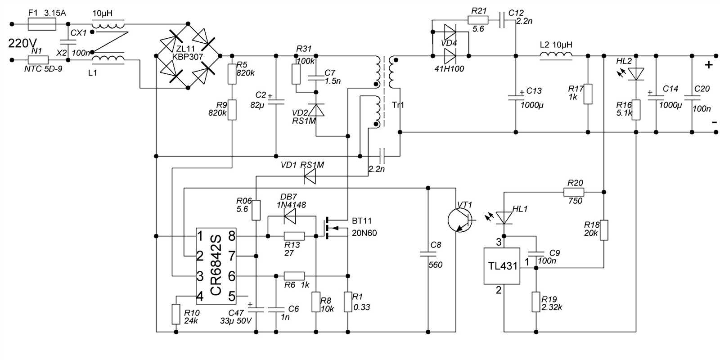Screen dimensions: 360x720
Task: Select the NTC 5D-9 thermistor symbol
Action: tap(38, 59)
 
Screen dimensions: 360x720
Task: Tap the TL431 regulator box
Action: tap(502, 266)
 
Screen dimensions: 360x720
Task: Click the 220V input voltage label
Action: tap(22, 44)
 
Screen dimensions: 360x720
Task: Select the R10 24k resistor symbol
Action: tap(176, 314)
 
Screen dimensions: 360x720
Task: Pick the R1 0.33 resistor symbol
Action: tap(348, 302)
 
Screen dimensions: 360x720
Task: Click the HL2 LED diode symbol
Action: tap(636, 73)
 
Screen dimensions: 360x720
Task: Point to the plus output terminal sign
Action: tap(709, 65)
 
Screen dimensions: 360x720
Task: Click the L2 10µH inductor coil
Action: tap(556, 55)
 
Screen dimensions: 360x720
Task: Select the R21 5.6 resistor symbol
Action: tap(478, 20)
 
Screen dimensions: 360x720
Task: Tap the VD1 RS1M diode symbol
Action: tap(310, 176)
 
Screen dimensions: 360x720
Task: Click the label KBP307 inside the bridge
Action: tap(188, 57)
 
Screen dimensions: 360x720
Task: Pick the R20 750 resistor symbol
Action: tap(574, 192)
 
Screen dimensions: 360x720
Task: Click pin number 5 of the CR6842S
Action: tap(232, 296)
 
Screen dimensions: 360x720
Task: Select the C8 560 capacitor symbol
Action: tap(428, 254)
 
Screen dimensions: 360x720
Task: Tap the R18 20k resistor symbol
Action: tap(604, 230)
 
